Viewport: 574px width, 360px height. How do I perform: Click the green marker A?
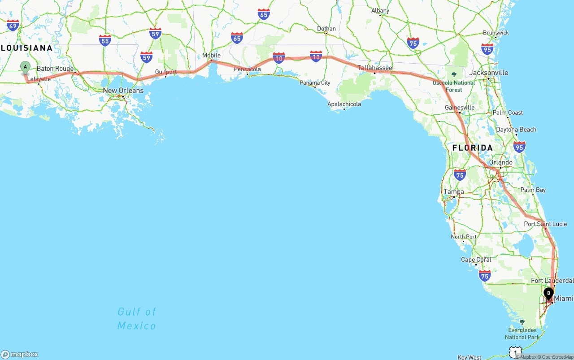coord(25,67)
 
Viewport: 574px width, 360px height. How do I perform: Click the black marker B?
coord(548,293)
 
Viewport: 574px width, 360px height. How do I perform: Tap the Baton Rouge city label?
coord(55,69)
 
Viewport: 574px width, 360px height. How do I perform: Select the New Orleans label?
coord(123,91)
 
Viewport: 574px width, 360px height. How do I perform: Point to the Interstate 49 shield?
coord(13,26)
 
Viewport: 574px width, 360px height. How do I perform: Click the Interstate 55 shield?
coord(105,41)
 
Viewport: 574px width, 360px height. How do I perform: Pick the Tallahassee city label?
coord(375,68)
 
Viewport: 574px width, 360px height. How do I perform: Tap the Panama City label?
coord(315,82)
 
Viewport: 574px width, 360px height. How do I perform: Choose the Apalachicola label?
coord(344,104)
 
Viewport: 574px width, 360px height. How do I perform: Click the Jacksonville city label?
coord(489,73)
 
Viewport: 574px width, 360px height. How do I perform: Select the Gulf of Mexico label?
coord(137,318)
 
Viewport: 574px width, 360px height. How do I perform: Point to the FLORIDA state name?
coord(472,147)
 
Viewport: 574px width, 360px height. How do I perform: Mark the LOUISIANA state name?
coord(26,48)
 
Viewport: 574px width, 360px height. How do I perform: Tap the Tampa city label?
coord(454,192)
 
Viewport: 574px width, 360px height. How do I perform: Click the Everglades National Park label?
coord(522,334)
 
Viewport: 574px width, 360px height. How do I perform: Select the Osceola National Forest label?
coord(454,86)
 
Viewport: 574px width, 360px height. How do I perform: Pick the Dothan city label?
coord(326,29)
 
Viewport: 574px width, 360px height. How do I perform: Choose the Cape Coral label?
coord(476,260)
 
